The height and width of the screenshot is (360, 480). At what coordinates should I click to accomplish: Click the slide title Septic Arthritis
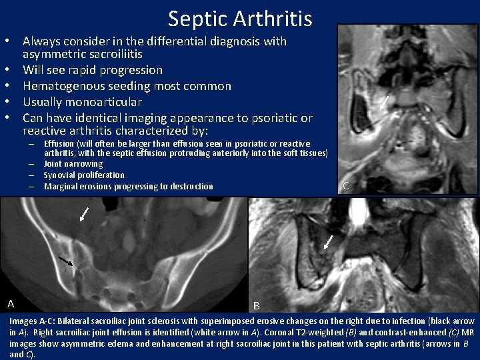coord(240,18)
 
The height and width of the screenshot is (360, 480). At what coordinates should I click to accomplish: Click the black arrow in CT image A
coord(66,261)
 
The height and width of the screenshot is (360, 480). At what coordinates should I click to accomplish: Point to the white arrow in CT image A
coord(83,214)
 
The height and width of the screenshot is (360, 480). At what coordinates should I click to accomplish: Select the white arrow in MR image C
coord(384,102)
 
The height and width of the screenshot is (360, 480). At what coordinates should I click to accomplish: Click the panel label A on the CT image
coord(11,304)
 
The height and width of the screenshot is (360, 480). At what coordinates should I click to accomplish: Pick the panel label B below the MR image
coord(257,306)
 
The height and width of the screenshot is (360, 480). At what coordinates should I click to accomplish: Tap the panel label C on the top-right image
coord(345,186)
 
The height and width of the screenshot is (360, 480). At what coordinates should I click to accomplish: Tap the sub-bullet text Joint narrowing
coord(73,164)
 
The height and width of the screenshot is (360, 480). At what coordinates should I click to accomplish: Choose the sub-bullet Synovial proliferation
coord(84,175)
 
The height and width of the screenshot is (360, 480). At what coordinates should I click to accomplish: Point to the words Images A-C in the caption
coord(31,321)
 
